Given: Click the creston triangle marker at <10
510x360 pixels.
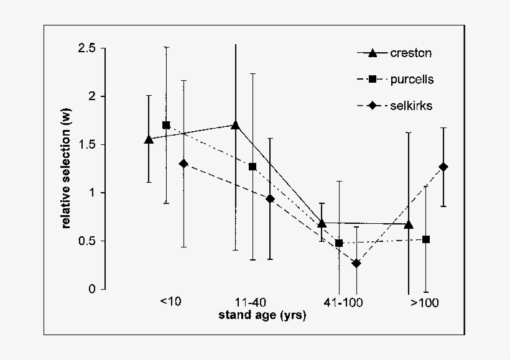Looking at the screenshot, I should [149, 139].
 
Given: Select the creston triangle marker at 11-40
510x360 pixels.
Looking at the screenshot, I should [235, 125].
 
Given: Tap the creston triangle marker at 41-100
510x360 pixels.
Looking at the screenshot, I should [322, 223].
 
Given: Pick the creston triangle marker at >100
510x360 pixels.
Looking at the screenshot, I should [408, 224].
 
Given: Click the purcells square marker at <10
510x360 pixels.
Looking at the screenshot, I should [166, 125].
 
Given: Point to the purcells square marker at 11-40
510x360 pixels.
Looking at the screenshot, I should [253, 167].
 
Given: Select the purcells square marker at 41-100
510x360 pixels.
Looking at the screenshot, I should [339, 243].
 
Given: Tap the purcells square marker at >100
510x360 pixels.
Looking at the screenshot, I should [426, 239].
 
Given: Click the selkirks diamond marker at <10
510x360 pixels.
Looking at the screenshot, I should [183, 164].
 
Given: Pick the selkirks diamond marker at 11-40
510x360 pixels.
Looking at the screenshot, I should [270, 199].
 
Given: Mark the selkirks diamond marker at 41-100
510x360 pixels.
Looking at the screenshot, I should [356, 264].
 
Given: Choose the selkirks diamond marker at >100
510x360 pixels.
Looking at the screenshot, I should [443, 167].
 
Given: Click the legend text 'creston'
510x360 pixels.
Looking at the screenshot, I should [410, 53].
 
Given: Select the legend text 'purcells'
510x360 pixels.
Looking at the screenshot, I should [412, 80].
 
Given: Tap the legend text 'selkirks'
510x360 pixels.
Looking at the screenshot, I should [412, 106].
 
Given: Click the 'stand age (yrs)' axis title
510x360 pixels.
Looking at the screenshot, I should [262, 315].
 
